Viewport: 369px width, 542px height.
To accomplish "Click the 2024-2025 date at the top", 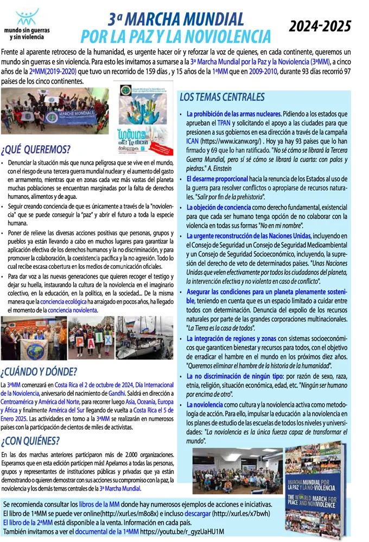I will click(320, 26).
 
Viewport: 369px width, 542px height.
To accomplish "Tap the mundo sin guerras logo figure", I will click(27, 16).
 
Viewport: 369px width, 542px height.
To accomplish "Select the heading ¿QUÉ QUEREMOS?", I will click(36, 150).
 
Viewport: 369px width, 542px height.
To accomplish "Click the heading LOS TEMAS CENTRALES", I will click(222, 98).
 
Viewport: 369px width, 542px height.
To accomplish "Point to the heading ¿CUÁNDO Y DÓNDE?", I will click(39, 372).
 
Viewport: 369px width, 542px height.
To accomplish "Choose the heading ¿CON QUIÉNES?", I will click(31, 440).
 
